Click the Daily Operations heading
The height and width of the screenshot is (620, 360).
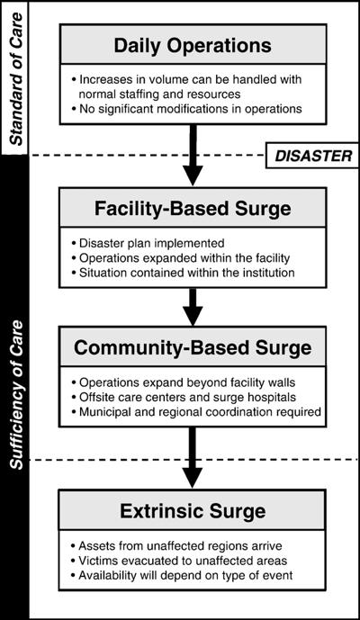click(193, 46)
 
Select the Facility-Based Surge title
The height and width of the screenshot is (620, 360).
click(193, 208)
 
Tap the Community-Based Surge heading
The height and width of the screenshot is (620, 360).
click(193, 347)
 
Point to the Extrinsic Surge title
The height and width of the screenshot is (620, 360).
click(193, 511)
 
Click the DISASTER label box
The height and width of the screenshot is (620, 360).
click(312, 156)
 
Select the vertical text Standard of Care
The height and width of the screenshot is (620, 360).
click(15, 79)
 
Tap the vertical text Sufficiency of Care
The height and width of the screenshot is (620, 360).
click(16, 395)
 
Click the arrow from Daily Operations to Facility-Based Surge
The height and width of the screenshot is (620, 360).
click(193, 155)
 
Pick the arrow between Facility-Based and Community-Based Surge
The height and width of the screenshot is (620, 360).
click(193, 307)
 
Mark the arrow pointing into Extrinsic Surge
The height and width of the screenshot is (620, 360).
click(193, 458)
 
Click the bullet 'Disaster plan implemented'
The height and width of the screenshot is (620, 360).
click(148, 242)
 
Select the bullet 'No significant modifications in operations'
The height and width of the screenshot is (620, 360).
click(186, 109)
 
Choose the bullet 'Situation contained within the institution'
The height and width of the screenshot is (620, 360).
click(184, 273)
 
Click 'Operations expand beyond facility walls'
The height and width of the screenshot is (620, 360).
click(184, 382)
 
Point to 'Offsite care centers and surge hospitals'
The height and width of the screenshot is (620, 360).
click(184, 397)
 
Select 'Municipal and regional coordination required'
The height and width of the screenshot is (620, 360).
click(196, 412)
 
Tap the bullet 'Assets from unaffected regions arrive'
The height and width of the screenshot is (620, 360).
click(176, 546)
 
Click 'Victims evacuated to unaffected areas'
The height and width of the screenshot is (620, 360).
click(179, 561)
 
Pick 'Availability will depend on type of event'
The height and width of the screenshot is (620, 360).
click(182, 575)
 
